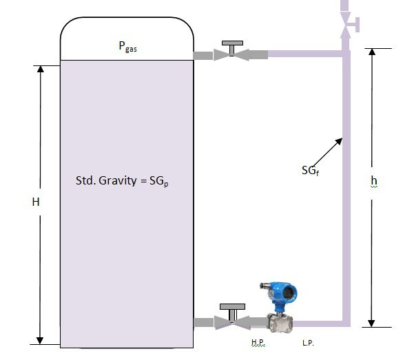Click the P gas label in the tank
(x=127, y=47)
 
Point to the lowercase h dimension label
(x=374, y=180)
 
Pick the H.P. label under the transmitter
(x=259, y=343)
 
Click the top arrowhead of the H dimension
(x=40, y=70)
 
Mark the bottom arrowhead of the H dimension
(x=40, y=339)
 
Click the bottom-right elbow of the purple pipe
(x=346, y=321)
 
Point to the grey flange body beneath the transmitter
(x=280, y=321)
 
